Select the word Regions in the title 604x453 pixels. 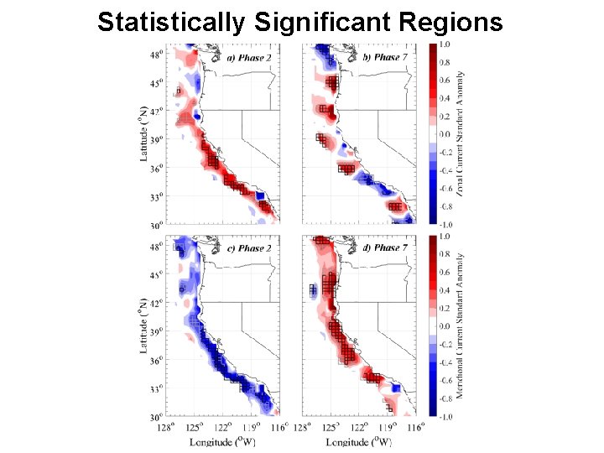458,22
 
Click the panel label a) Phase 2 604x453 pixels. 250,58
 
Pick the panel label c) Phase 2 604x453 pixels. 250,248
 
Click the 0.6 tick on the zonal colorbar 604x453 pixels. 445,81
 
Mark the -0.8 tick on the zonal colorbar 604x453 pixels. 446,206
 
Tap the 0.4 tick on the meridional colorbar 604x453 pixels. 445,290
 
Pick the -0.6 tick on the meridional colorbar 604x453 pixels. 446,380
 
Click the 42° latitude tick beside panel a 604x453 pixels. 157,111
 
